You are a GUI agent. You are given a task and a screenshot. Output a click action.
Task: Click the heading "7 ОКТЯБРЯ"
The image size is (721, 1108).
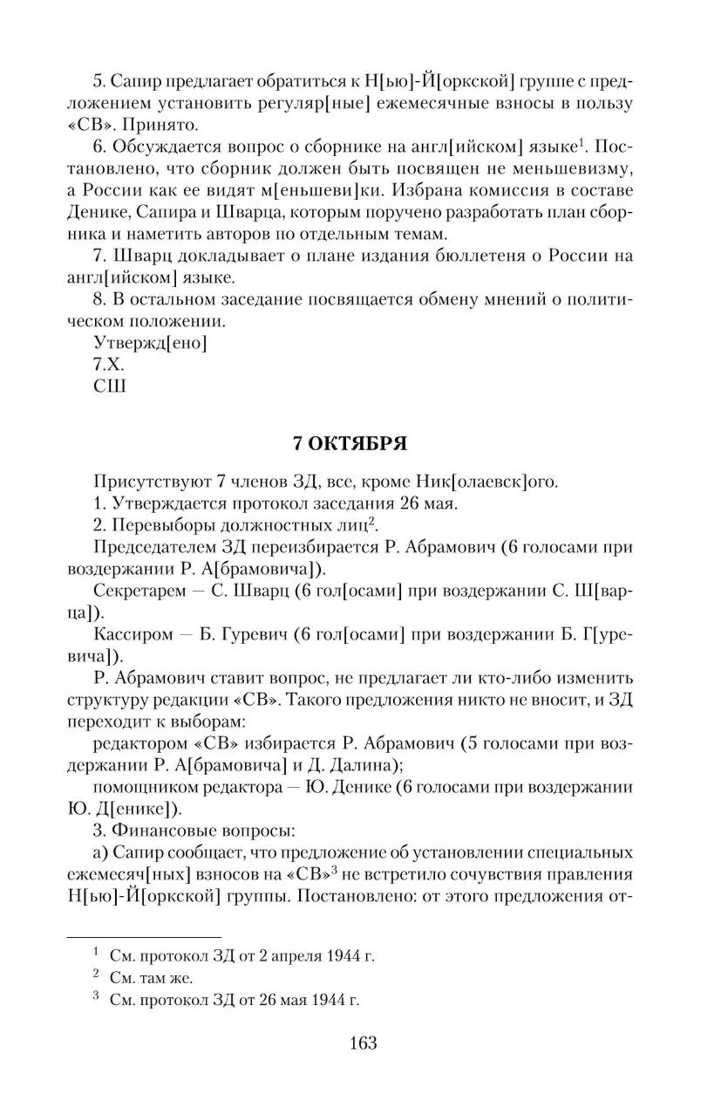(x=350, y=444)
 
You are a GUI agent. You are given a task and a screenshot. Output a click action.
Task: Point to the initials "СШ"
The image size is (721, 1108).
(x=109, y=385)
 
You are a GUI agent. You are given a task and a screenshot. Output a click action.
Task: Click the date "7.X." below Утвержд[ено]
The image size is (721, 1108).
(x=109, y=364)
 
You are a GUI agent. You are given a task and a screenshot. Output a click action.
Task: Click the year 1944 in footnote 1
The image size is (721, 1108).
(x=344, y=956)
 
